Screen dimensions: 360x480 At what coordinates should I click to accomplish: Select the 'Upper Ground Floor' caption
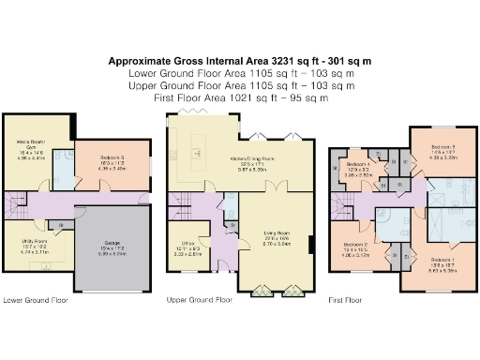pos(199,300)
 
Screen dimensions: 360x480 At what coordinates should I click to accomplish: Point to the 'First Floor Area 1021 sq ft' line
pos(240,96)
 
